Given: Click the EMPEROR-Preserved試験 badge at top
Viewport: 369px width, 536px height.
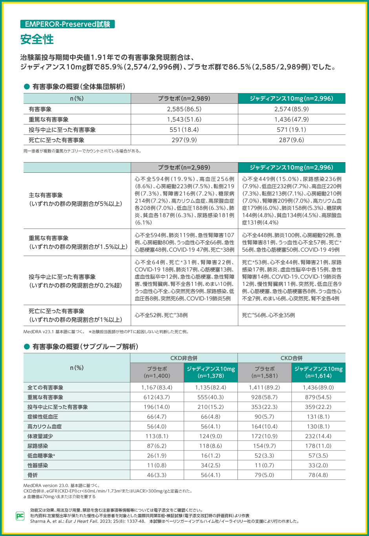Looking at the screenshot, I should coord(68,24).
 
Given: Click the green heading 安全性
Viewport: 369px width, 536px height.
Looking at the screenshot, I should coord(37,39).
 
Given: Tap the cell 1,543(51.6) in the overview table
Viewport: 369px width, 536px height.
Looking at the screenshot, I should coord(184,119).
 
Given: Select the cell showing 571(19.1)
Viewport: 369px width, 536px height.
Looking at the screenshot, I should coord(291,130).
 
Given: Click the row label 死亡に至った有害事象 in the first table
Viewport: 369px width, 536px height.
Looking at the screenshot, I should coord(57,140).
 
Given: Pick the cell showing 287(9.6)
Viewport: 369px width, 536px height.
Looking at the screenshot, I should coord(291,140).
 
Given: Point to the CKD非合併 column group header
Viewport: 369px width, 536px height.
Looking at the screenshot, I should coord(184,358).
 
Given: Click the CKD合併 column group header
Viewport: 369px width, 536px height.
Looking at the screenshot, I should coord(291,358).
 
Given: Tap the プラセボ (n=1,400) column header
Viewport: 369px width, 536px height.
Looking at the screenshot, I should coord(157,372).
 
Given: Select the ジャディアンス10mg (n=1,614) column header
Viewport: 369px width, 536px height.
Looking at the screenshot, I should coord(318,372).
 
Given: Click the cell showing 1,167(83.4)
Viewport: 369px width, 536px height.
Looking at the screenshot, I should coord(157,388).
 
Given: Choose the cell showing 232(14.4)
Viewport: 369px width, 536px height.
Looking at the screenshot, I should coord(318,436).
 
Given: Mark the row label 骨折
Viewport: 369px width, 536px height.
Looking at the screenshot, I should coord(33,475).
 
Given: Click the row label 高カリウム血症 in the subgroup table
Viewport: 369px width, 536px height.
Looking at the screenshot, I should coord(44,426).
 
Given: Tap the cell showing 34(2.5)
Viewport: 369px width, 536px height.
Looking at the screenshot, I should coord(210,465).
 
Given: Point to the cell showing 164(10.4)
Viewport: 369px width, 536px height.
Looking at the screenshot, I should coord(265,426).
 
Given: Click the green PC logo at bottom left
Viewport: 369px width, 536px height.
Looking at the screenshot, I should coord(20,516).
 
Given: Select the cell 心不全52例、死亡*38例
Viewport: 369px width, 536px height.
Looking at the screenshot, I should coord(161,315).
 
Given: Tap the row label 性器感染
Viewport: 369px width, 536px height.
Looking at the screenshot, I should coord(38,465).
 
